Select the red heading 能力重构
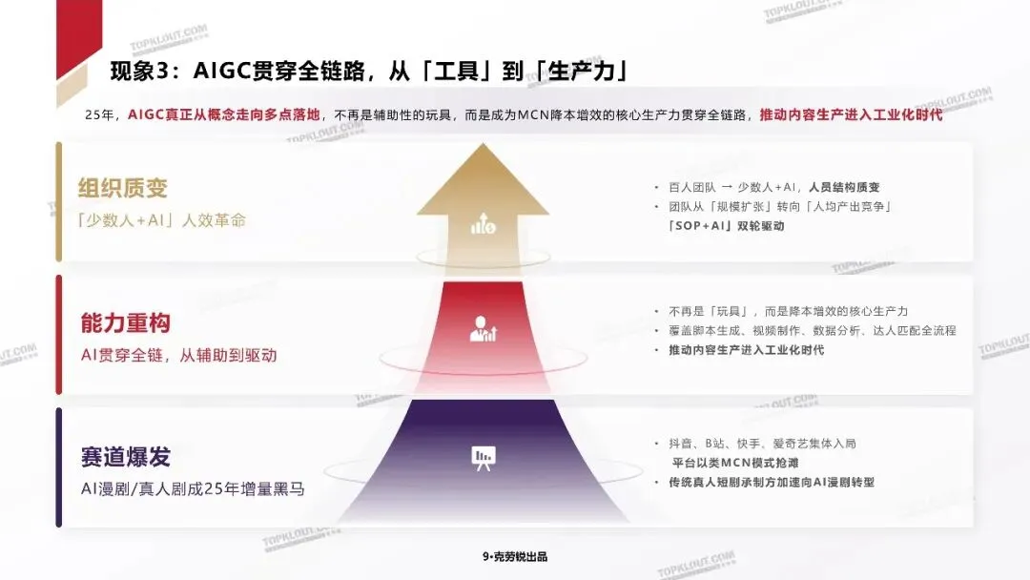[126, 323]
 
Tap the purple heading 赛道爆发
[126, 457]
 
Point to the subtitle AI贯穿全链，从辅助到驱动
[178, 355]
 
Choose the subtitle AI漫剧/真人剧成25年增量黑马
[193, 489]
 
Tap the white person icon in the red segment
[484, 329]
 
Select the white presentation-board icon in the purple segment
[484, 458]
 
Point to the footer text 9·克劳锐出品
[515, 557]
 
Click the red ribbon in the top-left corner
[76, 33]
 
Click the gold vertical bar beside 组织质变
[59, 202]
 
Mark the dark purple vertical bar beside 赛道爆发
[59, 467]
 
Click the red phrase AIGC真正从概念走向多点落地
[228, 114]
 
